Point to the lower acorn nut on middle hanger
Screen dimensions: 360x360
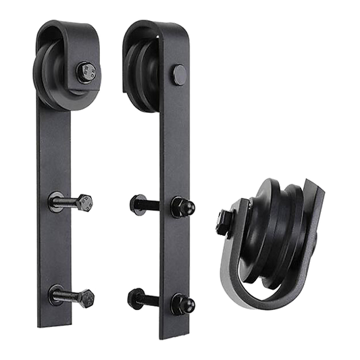point(180,299)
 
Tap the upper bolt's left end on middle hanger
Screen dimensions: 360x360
point(132,201)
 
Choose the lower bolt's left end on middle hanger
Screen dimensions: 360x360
point(133,296)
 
